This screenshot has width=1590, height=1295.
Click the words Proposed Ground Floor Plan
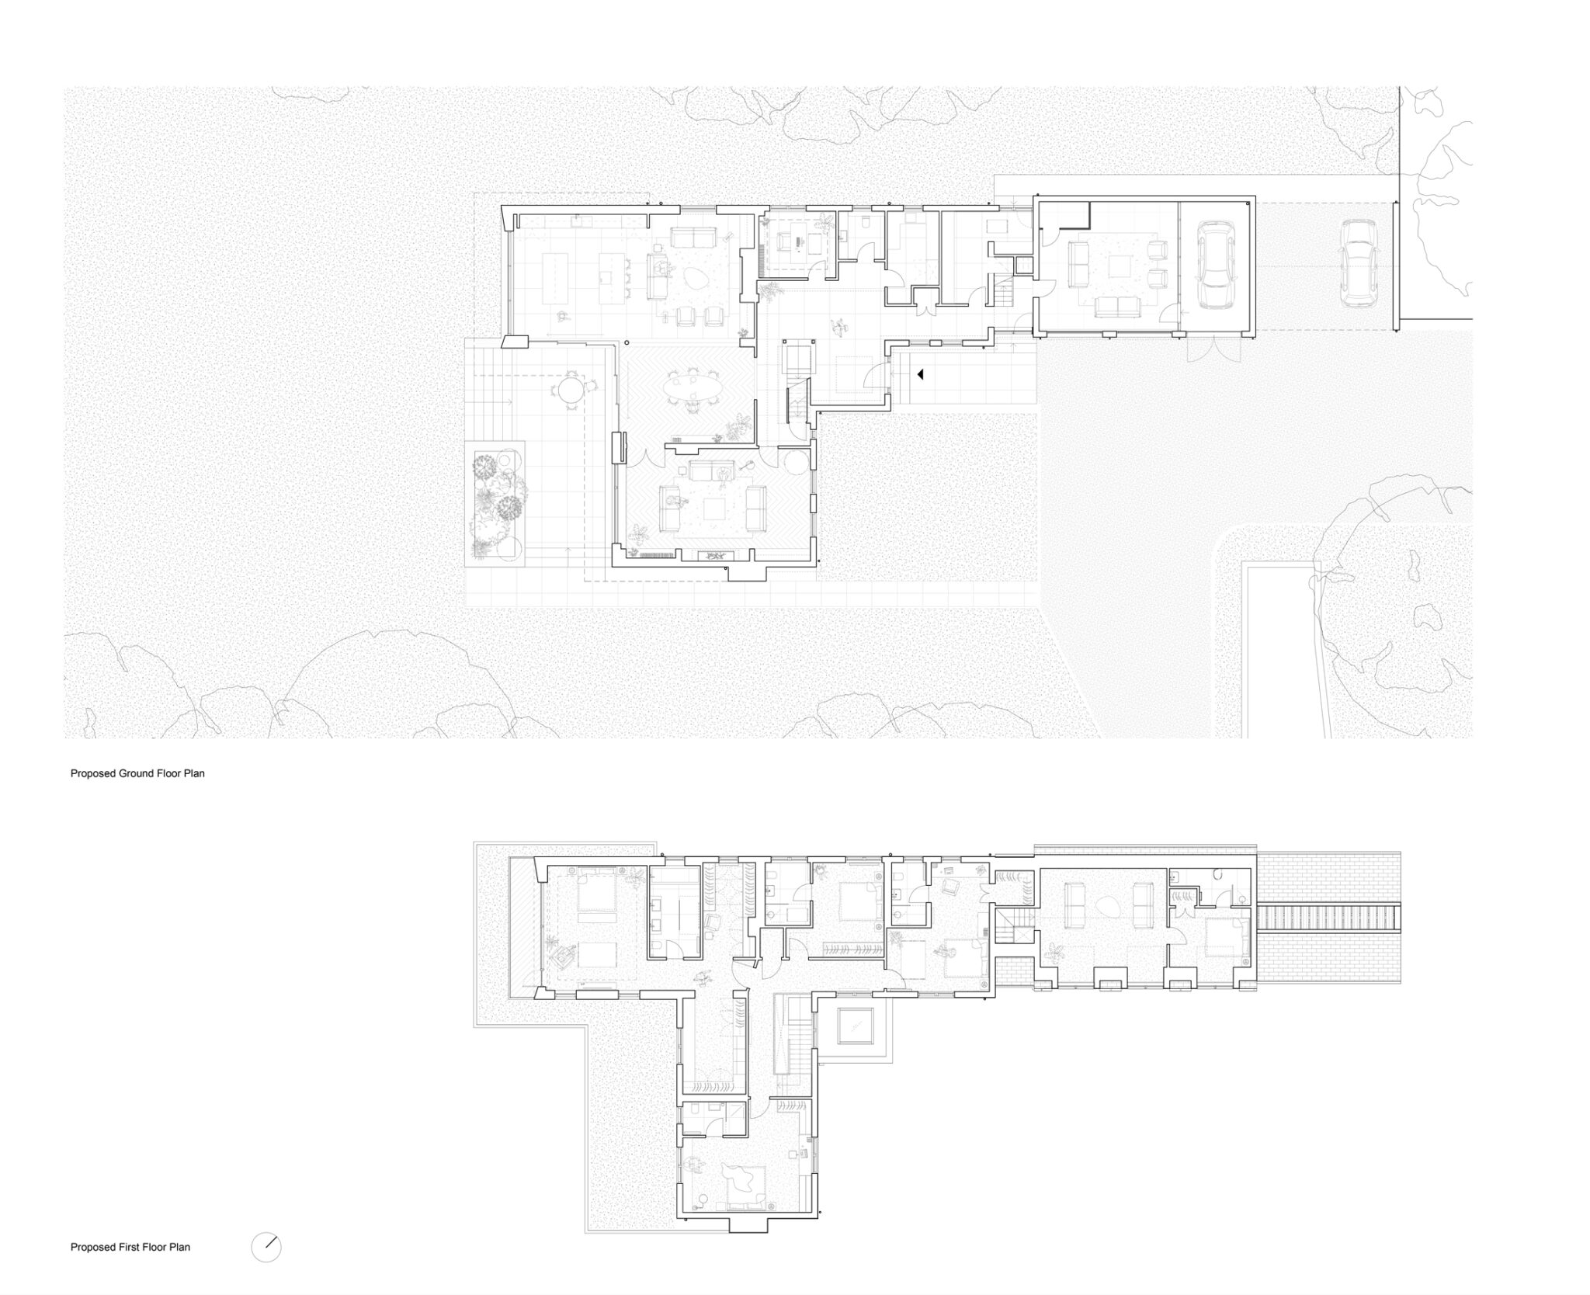click(137, 773)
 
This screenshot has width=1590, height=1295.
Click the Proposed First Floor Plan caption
click(130, 1247)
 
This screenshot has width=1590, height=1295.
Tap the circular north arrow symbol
click(266, 1248)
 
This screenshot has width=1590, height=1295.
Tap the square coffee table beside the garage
click(1120, 266)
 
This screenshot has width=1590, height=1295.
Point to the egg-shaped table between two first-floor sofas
click(1104, 904)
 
